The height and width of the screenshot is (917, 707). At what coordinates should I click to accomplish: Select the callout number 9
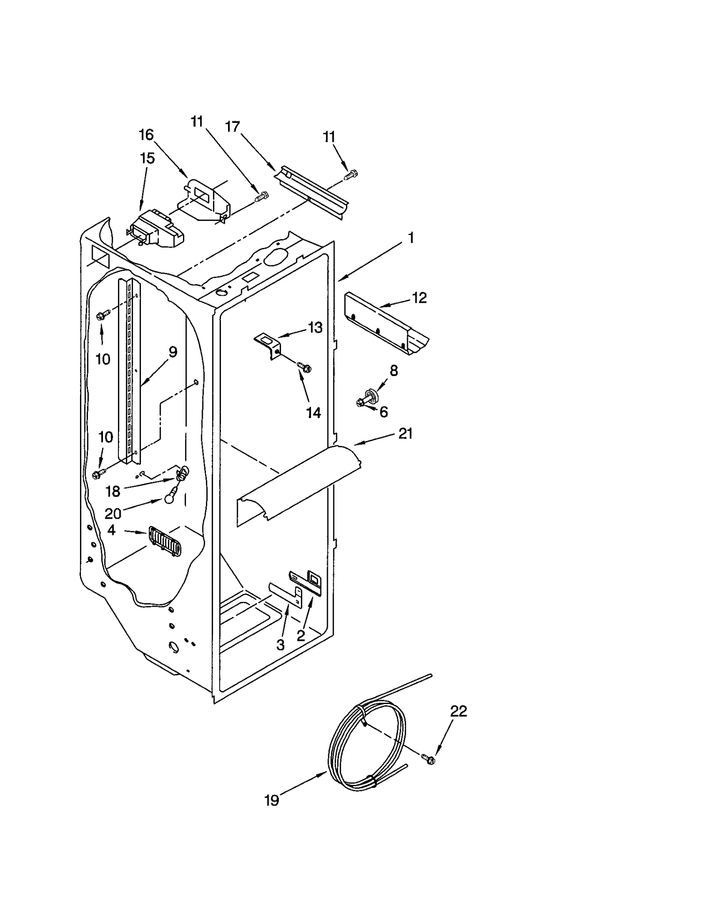[x=173, y=352]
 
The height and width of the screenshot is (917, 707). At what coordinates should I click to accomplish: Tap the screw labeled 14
[x=304, y=367]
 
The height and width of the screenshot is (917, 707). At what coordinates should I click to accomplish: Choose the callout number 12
[x=419, y=298]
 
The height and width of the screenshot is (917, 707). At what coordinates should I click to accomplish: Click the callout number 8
[x=393, y=370]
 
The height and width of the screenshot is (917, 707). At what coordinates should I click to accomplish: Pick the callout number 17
[x=232, y=127]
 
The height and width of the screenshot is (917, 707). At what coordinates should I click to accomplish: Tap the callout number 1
[x=411, y=238]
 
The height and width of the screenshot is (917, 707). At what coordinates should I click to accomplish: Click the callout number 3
[x=280, y=645]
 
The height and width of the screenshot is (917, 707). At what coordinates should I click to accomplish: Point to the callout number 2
[x=301, y=635]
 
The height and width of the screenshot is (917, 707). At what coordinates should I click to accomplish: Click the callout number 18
[x=113, y=491]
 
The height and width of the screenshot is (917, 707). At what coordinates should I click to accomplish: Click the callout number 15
[x=147, y=158]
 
